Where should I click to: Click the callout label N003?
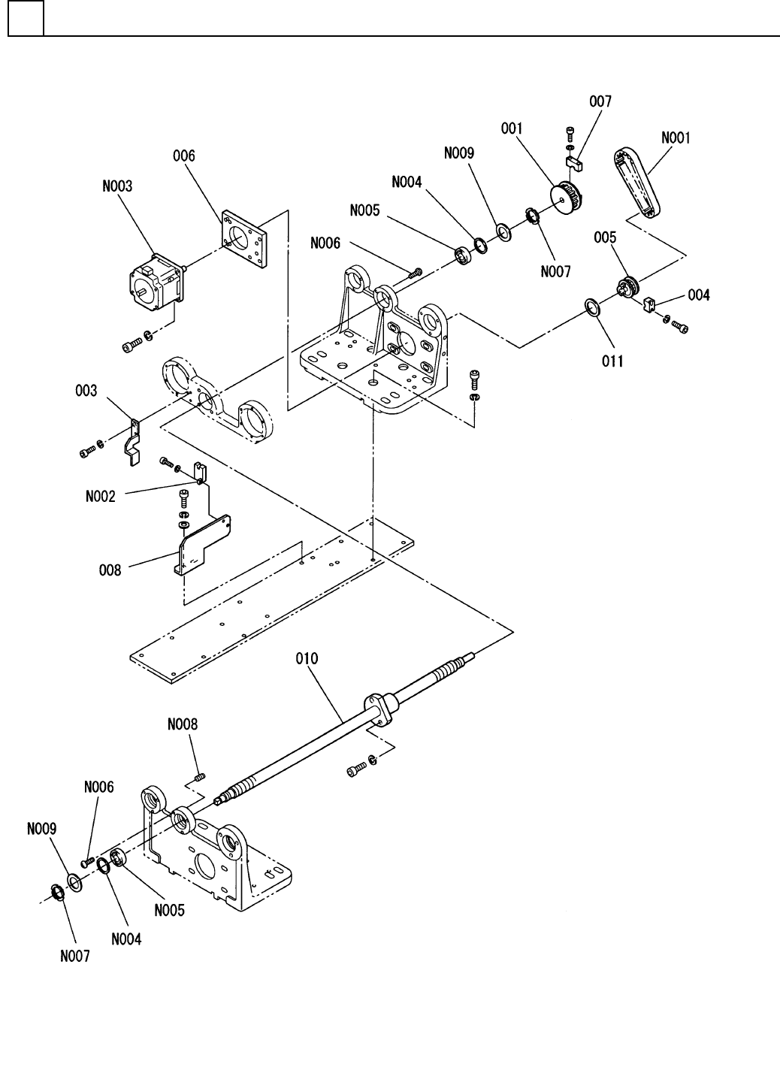point(117,186)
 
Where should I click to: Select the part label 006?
point(184,156)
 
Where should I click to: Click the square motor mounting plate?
point(243,238)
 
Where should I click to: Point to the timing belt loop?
point(637,183)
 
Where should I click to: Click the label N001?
point(676,138)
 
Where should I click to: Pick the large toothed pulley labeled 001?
point(567,197)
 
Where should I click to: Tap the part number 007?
point(600,101)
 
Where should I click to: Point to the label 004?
point(699,295)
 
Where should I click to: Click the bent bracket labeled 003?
point(132,443)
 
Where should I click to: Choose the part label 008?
point(110,570)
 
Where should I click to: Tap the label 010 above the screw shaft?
point(307,658)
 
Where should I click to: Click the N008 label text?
point(183,724)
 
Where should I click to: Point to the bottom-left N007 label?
point(75,957)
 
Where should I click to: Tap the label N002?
point(101,496)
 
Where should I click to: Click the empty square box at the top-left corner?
point(26,18)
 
